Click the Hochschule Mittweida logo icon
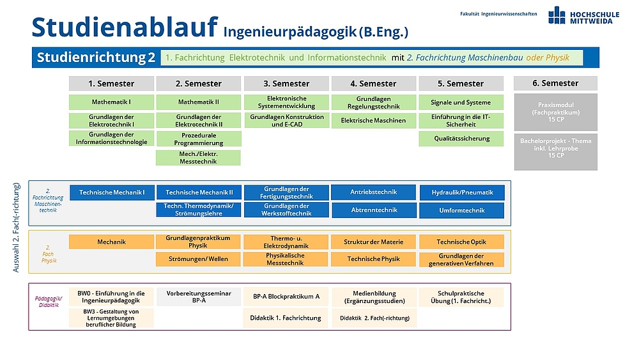click(557, 15)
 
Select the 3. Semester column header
click(286, 84)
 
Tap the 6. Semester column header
click(555, 83)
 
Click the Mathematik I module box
click(111, 102)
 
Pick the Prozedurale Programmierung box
click(199, 139)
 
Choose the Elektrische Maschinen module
click(373, 121)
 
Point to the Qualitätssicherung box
click(461, 139)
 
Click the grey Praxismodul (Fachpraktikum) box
click(556, 112)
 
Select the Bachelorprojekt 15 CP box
click(556, 152)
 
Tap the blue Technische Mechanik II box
click(199, 192)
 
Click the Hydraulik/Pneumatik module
click(462, 192)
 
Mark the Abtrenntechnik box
click(374, 210)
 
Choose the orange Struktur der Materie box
click(373, 242)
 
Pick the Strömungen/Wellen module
click(198, 259)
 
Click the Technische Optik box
click(461, 242)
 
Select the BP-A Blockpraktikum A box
click(286, 297)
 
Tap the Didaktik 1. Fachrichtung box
click(286, 318)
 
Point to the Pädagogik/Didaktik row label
click(49, 302)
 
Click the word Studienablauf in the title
click(125, 27)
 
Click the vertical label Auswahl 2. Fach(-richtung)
click(17, 228)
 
